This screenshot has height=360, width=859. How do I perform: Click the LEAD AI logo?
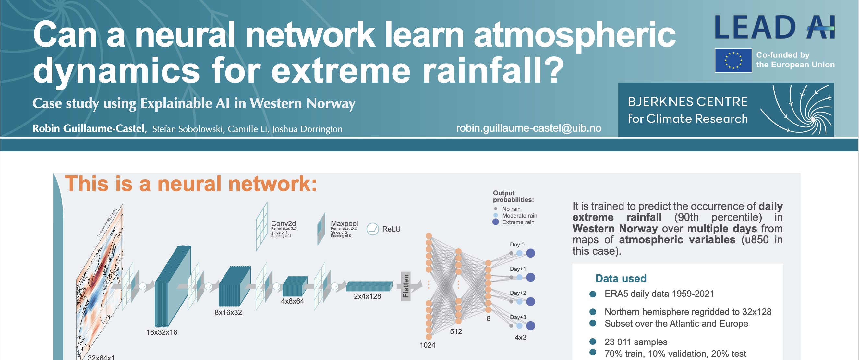[x=774, y=27]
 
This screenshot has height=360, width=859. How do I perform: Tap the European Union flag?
[x=733, y=60]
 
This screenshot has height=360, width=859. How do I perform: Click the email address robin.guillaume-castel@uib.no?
[x=528, y=128]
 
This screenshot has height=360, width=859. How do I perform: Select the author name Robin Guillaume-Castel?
[x=89, y=128]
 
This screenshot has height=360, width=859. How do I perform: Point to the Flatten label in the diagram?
[x=406, y=286]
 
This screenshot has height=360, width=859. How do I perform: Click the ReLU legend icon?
[x=372, y=229]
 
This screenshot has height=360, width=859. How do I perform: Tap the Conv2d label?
[x=284, y=223]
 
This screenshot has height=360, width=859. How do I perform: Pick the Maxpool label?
[x=344, y=223]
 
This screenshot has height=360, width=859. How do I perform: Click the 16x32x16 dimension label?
[x=162, y=332]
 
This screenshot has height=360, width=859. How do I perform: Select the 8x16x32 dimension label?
[x=228, y=312]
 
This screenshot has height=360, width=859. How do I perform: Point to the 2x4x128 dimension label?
[x=367, y=296]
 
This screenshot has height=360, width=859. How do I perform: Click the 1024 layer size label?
[x=428, y=345]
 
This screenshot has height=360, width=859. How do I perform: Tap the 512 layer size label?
[x=456, y=331]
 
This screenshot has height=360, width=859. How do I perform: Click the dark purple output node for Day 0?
[x=530, y=253]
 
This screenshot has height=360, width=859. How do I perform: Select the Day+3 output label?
[x=518, y=317]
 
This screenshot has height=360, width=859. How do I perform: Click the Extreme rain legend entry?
[x=514, y=222]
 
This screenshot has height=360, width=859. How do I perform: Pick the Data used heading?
[x=621, y=278]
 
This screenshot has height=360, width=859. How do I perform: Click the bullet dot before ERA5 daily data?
[x=593, y=294]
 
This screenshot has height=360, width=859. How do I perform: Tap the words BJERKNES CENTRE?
[x=688, y=102]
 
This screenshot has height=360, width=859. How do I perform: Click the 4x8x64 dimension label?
[x=293, y=301]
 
